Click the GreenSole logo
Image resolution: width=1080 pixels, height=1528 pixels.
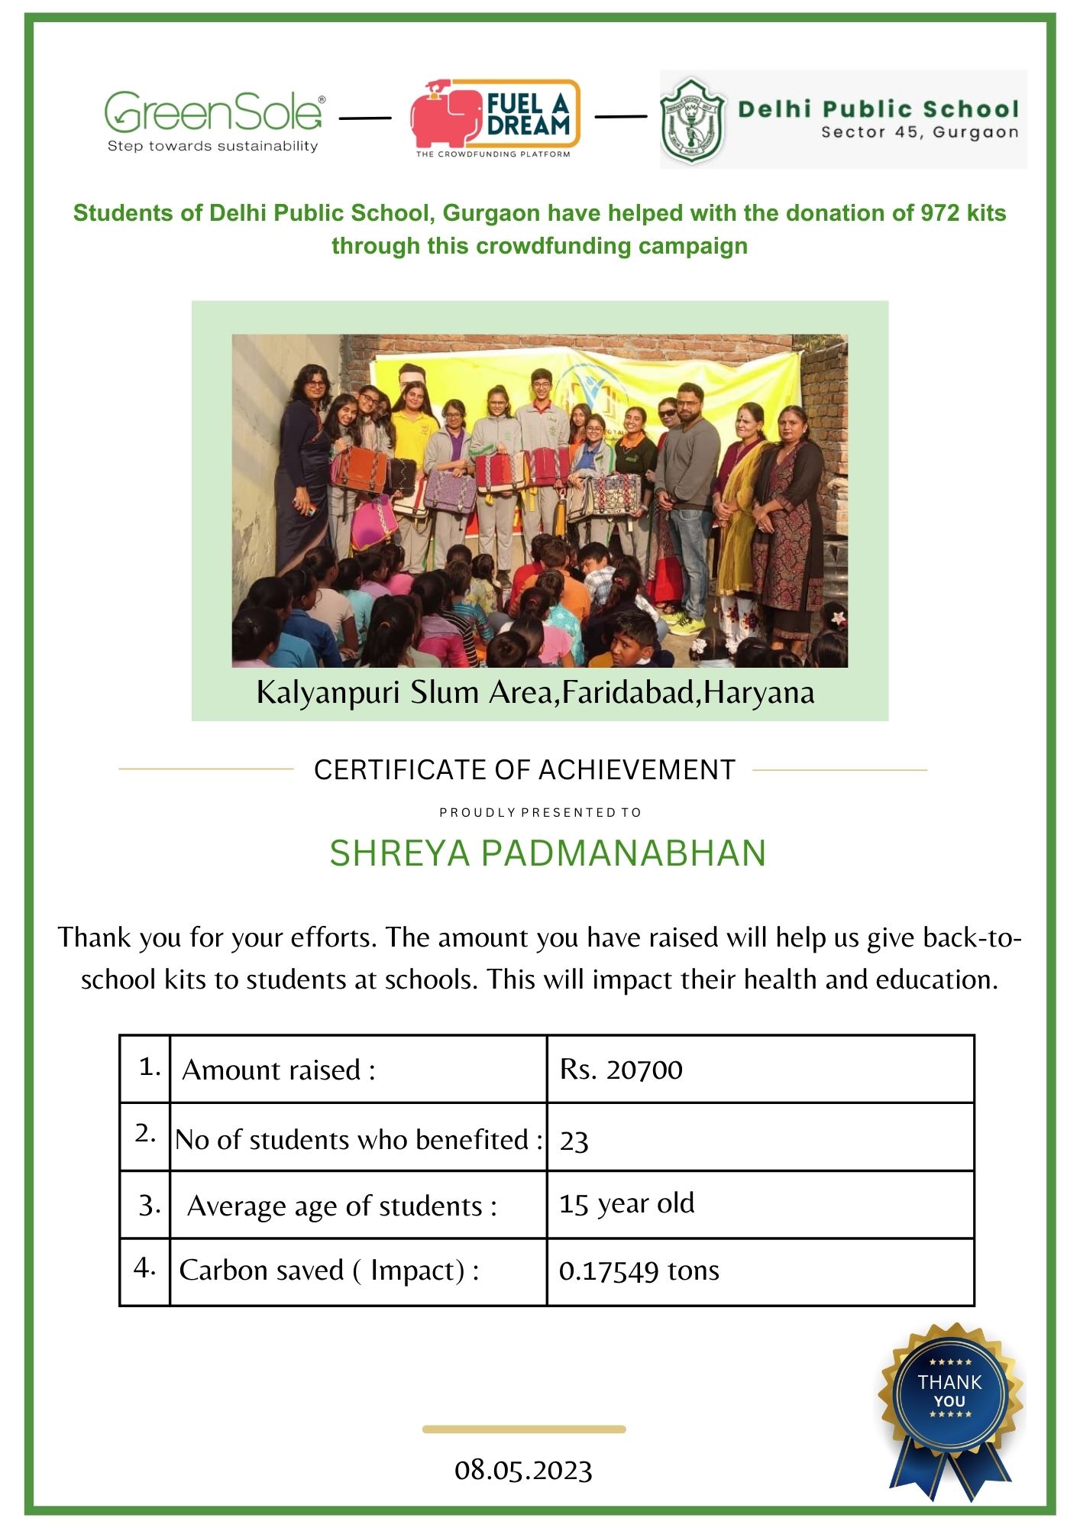click(214, 112)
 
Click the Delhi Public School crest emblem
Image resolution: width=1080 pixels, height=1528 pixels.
click(692, 120)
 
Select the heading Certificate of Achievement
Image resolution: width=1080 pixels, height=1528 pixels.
click(525, 770)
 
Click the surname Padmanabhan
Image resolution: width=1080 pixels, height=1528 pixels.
click(622, 853)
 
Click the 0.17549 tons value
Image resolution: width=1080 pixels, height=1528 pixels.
click(639, 1271)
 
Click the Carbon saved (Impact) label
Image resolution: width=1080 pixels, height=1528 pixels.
click(329, 1271)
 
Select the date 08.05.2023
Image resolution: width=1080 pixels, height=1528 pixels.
click(523, 1470)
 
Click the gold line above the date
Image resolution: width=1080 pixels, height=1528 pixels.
click(524, 1429)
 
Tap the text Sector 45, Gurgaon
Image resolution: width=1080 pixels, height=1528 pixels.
click(920, 132)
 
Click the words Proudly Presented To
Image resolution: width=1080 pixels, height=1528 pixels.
click(540, 812)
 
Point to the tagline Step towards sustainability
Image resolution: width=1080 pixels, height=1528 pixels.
click(212, 146)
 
